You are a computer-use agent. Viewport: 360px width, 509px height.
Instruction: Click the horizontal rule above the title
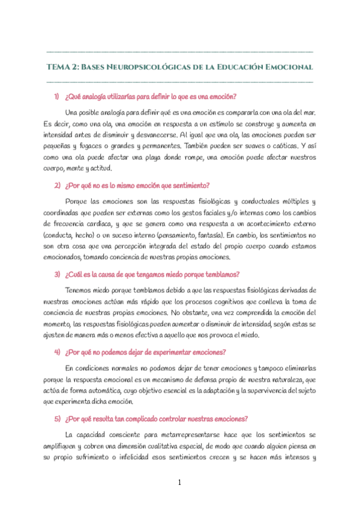click(179, 52)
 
